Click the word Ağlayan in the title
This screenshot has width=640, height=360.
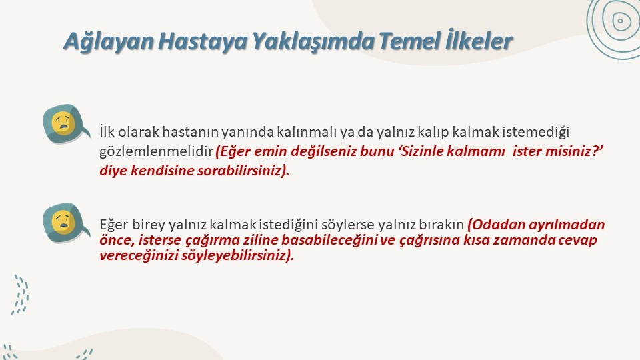pyautogui.click(x=109, y=41)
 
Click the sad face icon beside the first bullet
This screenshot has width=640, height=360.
pyautogui.click(x=65, y=124)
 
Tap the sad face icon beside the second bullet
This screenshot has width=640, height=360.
pyautogui.click(x=65, y=223)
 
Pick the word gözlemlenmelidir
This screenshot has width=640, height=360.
pyautogui.click(x=156, y=152)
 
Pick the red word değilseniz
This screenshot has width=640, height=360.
pyautogui.click(x=323, y=151)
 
